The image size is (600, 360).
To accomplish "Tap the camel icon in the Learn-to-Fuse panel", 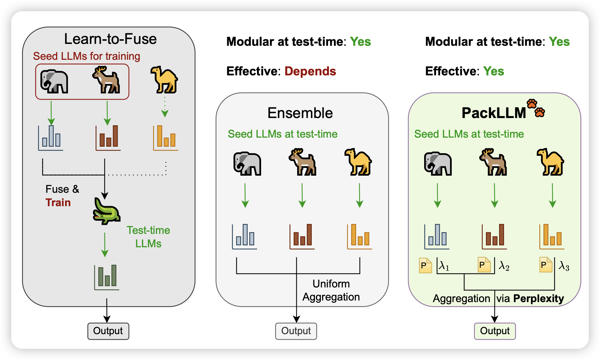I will [164, 80].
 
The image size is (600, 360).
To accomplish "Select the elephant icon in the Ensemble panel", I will [247, 164].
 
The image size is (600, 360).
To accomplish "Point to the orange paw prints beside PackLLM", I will [536, 108].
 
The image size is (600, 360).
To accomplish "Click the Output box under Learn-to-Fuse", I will [108, 331].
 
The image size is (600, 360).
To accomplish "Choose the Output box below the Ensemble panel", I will [296, 331].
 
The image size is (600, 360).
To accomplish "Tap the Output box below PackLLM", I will [495, 331].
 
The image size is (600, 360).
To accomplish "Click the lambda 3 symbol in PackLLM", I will [564, 266].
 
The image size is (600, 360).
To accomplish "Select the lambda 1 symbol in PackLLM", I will [444, 266].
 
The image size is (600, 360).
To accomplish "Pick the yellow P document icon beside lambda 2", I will [484, 265].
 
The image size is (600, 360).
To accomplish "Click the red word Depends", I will [310, 71].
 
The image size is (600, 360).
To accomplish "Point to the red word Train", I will [58, 202].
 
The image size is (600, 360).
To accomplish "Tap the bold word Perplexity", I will [538, 298].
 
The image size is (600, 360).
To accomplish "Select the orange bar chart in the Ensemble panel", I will [360, 237].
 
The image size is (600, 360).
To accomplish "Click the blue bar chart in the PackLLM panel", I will [437, 237].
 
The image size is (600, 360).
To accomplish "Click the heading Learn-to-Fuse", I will [110, 39].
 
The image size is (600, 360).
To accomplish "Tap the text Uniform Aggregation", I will [331, 290].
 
